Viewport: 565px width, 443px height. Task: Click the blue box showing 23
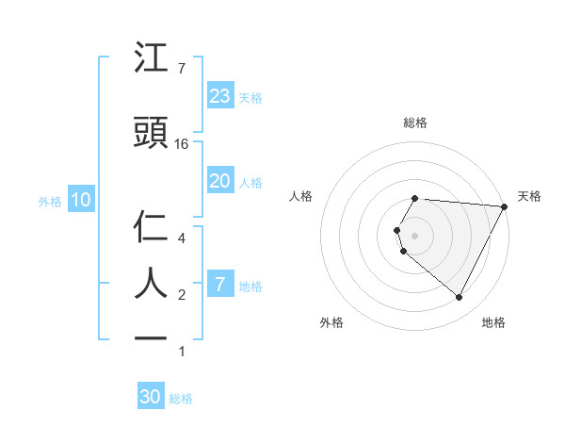[220, 95]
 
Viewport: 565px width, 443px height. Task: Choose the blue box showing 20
[220, 181]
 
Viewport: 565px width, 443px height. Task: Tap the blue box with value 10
[81, 200]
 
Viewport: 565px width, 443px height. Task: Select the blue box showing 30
[151, 397]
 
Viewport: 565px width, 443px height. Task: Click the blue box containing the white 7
[220, 285]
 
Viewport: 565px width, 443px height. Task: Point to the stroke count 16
[183, 144]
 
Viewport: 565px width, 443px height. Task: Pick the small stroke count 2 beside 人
[182, 295]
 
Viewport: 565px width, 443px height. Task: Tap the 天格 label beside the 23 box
[250, 97]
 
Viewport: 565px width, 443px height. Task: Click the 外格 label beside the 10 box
[50, 201]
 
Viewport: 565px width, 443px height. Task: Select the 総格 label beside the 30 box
[181, 399]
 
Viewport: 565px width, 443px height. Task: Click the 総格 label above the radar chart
[415, 123]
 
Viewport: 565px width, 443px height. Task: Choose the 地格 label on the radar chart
[493, 322]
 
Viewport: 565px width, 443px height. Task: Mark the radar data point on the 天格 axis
[505, 206]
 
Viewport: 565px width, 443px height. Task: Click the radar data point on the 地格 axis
[460, 298]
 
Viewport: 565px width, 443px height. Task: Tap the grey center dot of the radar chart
[415, 235]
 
